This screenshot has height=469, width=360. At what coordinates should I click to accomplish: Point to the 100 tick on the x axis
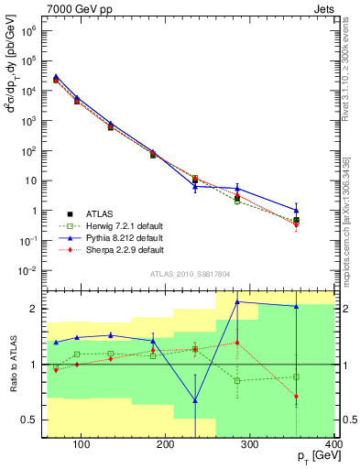[x=82, y=446]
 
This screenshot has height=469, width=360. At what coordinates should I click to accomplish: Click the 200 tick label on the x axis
[x=166, y=446]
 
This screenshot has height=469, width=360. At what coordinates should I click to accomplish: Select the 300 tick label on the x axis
[x=250, y=446]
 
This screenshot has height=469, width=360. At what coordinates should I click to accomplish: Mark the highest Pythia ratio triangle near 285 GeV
[x=237, y=301]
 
